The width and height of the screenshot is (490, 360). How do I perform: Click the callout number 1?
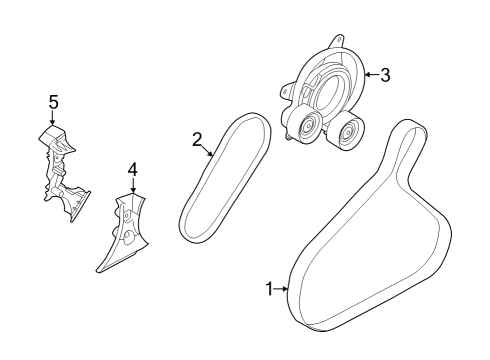[268, 289]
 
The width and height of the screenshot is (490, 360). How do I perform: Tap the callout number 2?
[198, 139]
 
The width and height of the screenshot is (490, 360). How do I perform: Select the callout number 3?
[385, 73]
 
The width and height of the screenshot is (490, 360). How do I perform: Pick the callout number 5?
[53, 101]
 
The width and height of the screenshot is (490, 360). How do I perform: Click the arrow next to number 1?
[282, 289]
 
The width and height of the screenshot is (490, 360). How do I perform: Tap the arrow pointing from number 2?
[209, 152]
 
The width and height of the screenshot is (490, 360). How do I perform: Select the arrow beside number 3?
[370, 73]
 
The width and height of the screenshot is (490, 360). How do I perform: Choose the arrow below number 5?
[53, 119]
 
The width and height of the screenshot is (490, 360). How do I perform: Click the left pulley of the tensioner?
[305, 128]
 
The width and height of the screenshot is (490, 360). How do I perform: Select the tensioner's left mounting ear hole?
[286, 91]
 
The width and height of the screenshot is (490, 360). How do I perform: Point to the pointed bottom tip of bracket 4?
[98, 270]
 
